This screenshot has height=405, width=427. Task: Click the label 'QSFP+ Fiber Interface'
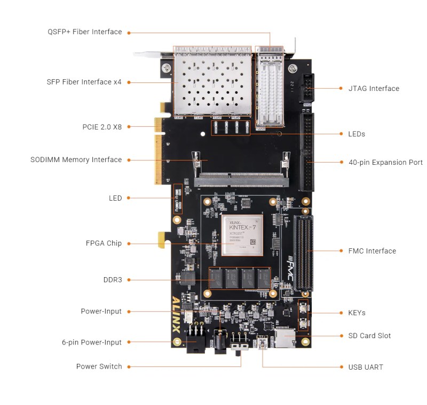click(x=84, y=32)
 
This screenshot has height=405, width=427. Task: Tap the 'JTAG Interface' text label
click(x=374, y=89)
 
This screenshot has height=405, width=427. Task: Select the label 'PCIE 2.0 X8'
click(x=102, y=127)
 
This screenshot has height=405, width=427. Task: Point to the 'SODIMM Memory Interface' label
click(x=76, y=160)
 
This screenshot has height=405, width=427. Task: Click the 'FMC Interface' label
click(x=372, y=251)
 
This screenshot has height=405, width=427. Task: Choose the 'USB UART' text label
click(x=365, y=367)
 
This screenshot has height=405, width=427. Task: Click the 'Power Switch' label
click(x=99, y=366)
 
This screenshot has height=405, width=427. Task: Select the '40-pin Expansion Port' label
click(x=385, y=163)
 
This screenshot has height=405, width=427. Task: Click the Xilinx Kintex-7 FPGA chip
click(x=242, y=236)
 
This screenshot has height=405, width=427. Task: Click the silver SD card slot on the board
click(x=284, y=339)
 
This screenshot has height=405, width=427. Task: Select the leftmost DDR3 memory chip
click(x=216, y=278)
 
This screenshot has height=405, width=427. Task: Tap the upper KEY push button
click(x=303, y=309)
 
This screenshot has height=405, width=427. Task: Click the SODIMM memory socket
click(x=241, y=181)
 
